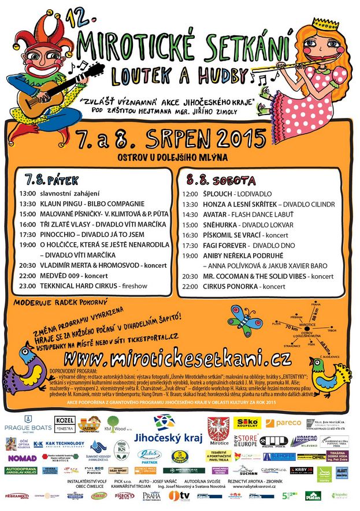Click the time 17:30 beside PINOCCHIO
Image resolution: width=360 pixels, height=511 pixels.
pos(27,235)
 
